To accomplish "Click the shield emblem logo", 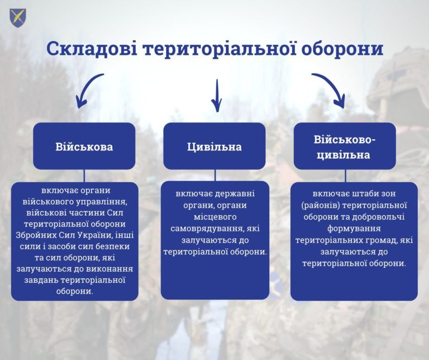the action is [x=18, y=17].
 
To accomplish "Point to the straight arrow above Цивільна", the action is [x=217, y=96].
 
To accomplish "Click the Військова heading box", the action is [x=84, y=146].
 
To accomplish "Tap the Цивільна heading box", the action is [x=214, y=146].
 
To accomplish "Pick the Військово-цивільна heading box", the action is [x=345, y=146].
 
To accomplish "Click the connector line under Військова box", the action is [x=84, y=176].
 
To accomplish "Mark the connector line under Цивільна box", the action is [x=215, y=175].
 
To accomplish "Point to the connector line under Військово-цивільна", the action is [x=345, y=176].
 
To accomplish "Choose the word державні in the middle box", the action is [x=235, y=194].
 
